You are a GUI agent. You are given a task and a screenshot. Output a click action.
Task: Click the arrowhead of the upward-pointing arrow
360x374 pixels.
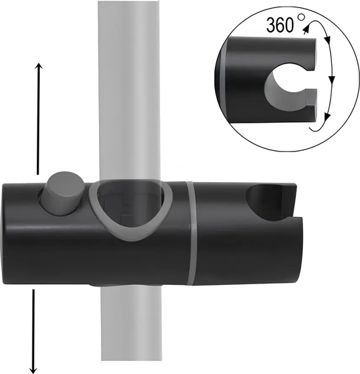coord(39,66)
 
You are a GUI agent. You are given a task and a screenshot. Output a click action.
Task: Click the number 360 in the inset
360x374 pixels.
coord(280,26)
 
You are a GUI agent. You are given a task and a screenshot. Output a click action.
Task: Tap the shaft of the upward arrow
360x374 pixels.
coord(39,118)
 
